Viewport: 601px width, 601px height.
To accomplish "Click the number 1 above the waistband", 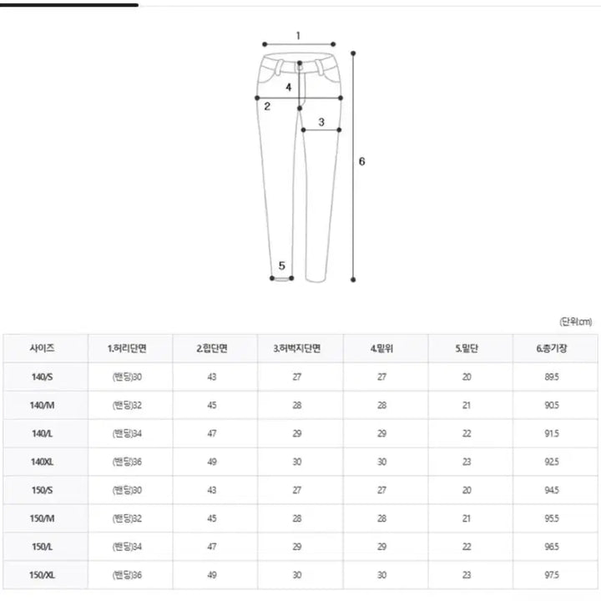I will [298, 36].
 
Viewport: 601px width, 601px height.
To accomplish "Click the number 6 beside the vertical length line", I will [361, 161].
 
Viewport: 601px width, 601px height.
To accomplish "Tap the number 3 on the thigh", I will [321, 122].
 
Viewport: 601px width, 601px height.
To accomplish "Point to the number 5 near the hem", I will [282, 265].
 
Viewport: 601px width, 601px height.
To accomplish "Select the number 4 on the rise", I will [288, 87].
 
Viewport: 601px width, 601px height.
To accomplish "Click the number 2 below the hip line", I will [267, 106].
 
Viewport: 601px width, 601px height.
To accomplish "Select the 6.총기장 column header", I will [552, 348].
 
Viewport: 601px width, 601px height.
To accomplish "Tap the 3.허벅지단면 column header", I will [297, 348].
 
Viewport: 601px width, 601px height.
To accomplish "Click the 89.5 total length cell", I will [552, 376].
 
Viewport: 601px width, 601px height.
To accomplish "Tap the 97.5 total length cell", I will [552, 575].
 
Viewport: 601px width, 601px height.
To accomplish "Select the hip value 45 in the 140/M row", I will [213, 405].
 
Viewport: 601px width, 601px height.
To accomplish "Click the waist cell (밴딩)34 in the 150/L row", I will [127, 547].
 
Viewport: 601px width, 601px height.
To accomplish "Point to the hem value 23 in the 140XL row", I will [467, 462].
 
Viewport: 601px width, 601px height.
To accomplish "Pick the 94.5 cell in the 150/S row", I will [552, 490].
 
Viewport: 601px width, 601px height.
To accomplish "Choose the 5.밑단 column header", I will [467, 348].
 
